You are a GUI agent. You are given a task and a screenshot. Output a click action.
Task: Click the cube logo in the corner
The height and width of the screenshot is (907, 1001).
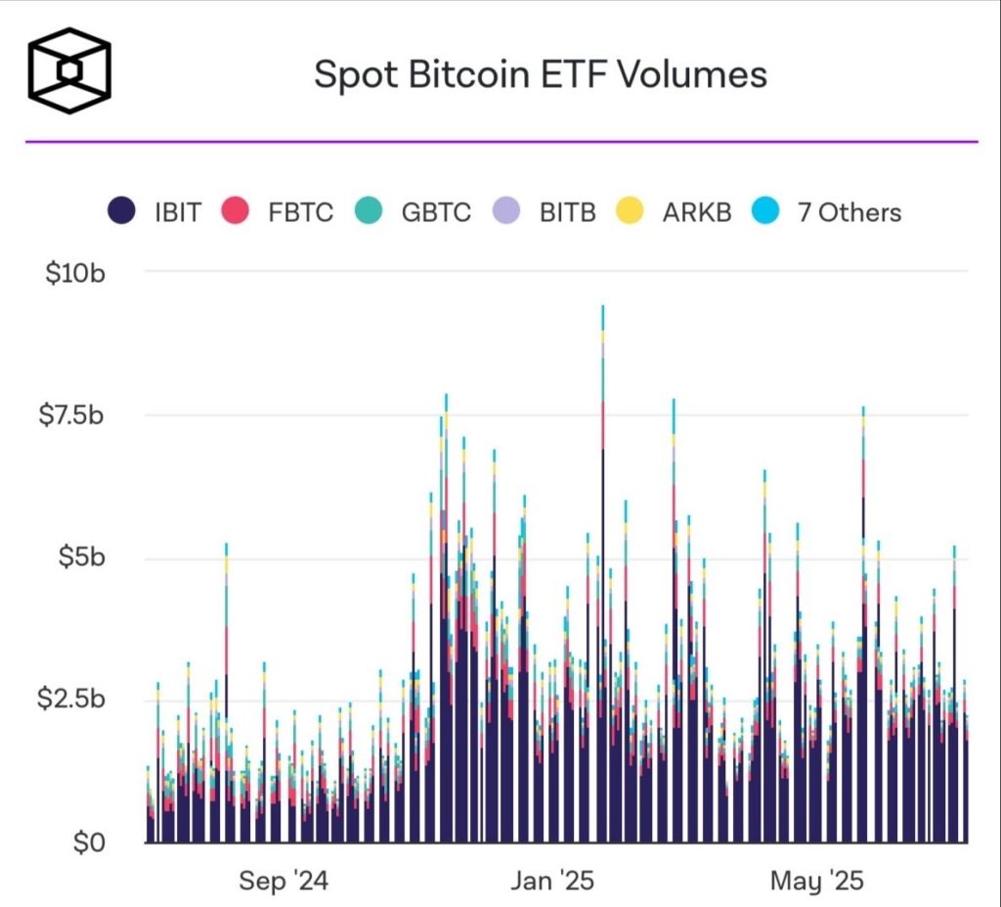[69, 70]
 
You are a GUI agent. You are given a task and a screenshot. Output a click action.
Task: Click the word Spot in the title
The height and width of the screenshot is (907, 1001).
[356, 75]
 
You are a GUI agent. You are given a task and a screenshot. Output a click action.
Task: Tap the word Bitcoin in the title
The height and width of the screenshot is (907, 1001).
[468, 73]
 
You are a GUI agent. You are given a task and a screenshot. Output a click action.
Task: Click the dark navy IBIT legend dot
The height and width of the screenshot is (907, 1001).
[121, 211]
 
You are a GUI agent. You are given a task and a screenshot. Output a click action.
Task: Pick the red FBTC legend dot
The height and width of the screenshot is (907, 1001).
[235, 211]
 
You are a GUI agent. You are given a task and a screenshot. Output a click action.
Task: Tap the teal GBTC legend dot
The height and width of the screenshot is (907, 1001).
[369, 211]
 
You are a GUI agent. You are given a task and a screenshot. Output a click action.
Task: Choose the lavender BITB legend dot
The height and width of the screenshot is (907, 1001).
[506, 211]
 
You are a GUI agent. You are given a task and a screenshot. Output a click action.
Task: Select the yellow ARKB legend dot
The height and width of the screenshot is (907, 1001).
[630, 211]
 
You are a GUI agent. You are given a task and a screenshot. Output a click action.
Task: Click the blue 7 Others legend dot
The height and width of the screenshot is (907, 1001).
[764, 211]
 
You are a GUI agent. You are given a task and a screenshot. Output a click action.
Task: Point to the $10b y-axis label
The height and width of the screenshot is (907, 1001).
[75, 274]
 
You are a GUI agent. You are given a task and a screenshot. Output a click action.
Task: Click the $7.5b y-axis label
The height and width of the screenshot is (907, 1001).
[70, 416]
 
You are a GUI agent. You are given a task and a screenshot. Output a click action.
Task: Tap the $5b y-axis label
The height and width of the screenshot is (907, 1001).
[82, 558]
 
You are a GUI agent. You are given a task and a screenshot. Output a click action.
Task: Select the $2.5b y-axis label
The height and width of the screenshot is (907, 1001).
[70, 699]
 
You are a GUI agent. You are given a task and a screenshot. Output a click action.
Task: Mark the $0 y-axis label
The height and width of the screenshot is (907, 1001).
[89, 843]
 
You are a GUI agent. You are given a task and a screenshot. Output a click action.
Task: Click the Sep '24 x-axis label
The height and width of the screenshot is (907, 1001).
[283, 881]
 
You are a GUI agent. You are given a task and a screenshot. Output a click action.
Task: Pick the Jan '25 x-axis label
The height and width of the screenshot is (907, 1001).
[552, 881]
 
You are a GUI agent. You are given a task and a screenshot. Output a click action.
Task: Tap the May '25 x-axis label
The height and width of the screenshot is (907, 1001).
[817, 881]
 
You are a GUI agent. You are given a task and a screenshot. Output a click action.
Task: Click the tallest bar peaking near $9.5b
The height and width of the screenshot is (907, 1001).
[602, 574]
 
